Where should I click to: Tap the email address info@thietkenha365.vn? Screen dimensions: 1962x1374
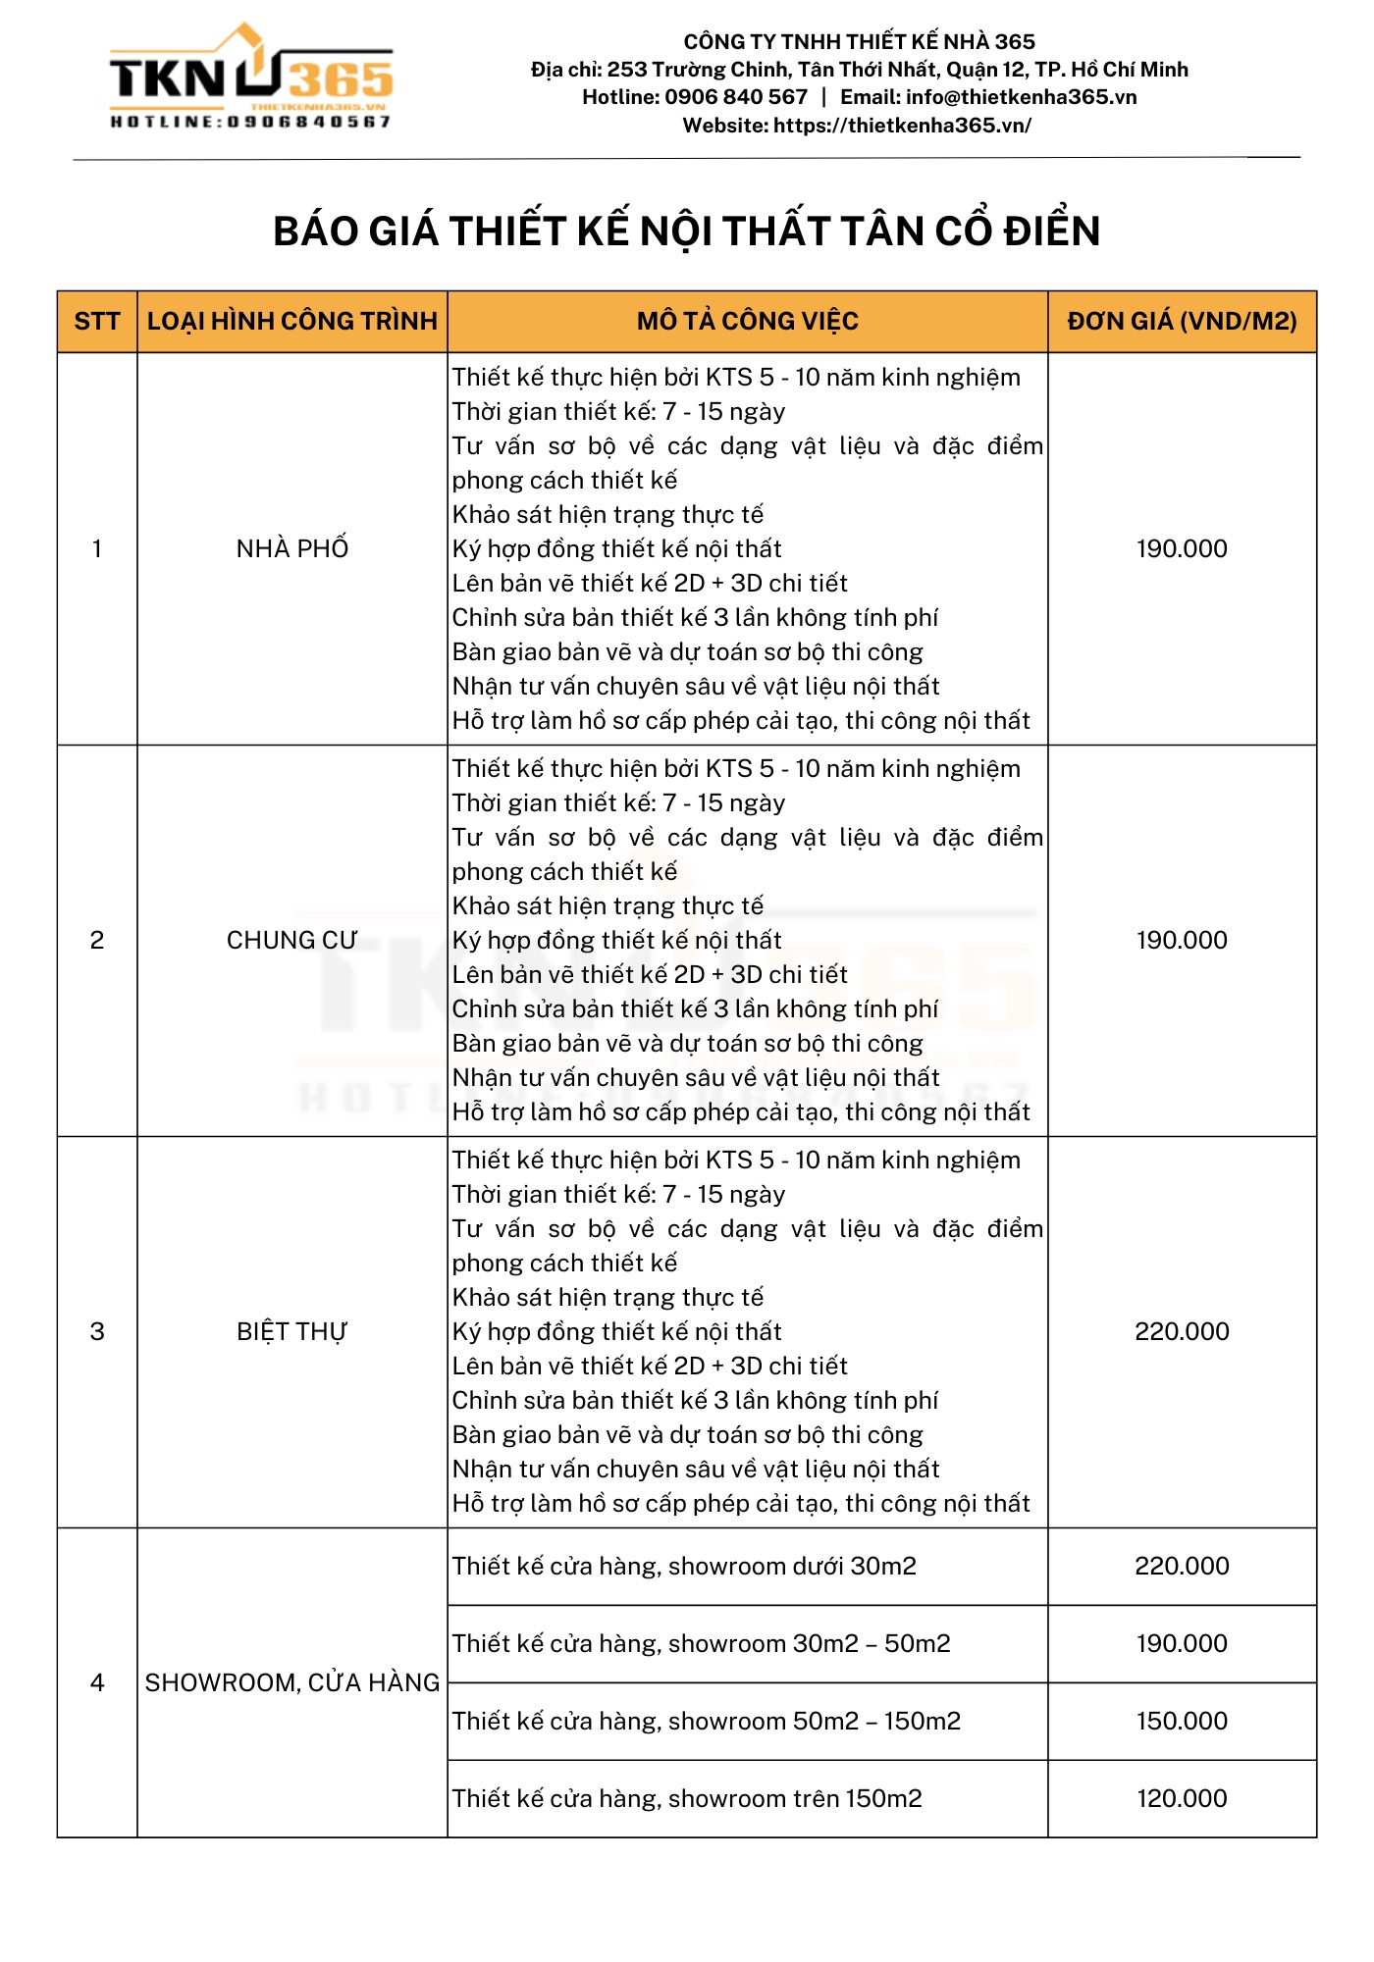[1021, 97]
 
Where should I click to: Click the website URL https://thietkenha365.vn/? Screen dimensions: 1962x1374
[902, 126]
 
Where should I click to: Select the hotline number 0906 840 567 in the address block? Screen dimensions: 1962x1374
[736, 97]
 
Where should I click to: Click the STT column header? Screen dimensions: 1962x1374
[97, 321]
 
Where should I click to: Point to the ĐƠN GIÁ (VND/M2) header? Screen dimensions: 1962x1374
[1182, 321]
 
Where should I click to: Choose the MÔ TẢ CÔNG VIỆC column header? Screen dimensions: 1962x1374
[747, 321]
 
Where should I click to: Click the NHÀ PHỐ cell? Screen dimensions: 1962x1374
[292, 548]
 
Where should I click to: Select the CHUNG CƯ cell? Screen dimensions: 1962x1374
[292, 940]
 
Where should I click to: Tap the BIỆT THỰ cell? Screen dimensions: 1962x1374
[292, 1331]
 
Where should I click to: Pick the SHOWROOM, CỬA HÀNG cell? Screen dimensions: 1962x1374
[292, 1682]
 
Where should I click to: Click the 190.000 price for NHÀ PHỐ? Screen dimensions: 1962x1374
[1182, 548]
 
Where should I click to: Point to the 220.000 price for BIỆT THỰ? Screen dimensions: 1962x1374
[1182, 1331]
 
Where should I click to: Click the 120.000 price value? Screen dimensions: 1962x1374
[1182, 1798]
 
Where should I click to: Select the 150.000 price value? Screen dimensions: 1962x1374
[1182, 1721]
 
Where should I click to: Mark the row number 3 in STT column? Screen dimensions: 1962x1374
[97, 1331]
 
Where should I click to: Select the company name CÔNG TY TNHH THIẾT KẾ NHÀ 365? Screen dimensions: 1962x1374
[859, 41]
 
